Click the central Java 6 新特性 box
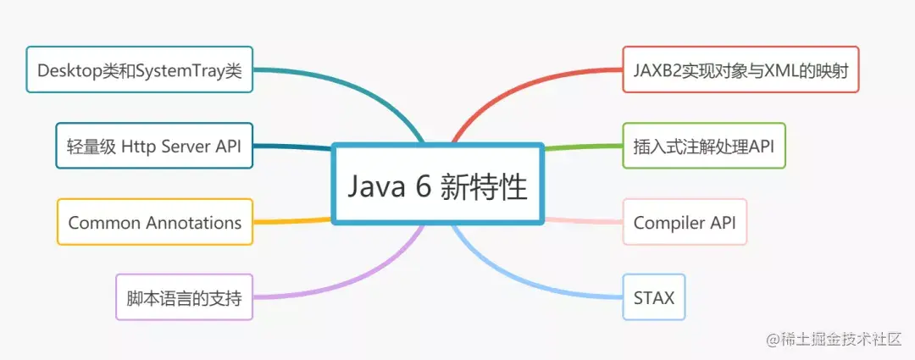coord(436,184)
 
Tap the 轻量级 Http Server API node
coord(154,146)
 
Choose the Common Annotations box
coord(154,222)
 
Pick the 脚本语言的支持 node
coord(184,297)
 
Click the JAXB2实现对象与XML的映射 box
coord(740,69)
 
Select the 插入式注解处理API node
coord(703,146)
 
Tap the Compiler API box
coord(685,222)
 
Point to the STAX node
coord(653,297)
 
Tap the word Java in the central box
coord(373,186)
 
